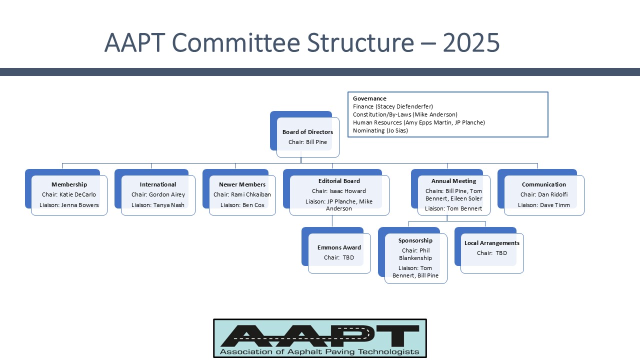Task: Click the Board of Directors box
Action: [x=305, y=134]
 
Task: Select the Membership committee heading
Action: [x=69, y=184]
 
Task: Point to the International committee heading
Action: [x=158, y=184]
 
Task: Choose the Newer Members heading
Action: [x=242, y=184]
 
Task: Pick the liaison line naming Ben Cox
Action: [x=242, y=205]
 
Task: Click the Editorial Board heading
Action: [x=339, y=181]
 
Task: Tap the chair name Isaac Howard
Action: [x=347, y=191]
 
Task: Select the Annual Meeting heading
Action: [x=453, y=181]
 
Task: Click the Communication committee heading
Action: [x=543, y=184]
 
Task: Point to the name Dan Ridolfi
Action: [x=553, y=194]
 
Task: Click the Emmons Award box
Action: [x=336, y=250]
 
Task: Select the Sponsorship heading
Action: [x=415, y=240]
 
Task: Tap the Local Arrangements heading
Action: [x=492, y=243]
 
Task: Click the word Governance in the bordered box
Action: [x=369, y=98]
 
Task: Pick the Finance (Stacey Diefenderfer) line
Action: [x=393, y=106]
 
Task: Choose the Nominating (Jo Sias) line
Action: [x=380, y=130]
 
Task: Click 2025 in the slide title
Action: [x=471, y=43]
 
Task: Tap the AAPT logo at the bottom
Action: [x=320, y=338]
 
